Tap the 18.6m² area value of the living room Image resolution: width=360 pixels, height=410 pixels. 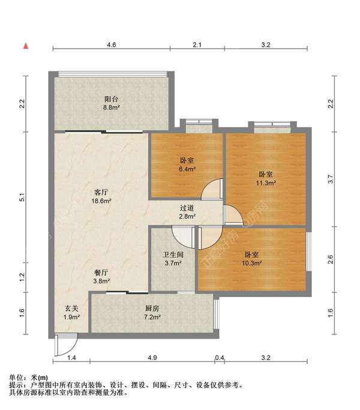click(x=101, y=201)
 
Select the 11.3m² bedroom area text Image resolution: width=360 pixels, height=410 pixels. click(x=266, y=182)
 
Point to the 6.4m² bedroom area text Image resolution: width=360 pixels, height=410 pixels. click(x=188, y=169)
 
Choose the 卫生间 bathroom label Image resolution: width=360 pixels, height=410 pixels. click(x=173, y=253)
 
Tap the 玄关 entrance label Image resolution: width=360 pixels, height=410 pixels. click(x=72, y=308)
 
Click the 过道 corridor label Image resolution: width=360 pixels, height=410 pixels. click(x=187, y=208)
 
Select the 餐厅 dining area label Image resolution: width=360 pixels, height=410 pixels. click(x=101, y=271)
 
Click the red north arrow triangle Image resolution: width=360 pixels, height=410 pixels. click(x=26, y=45)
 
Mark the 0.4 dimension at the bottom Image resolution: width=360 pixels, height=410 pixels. click(x=220, y=358)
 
